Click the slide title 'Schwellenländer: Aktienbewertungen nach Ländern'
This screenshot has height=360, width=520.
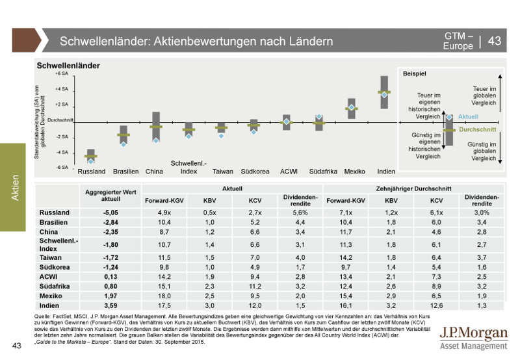(x=196, y=41)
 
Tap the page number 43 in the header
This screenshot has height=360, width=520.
(x=494, y=41)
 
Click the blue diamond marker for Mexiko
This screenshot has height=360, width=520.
(x=352, y=107)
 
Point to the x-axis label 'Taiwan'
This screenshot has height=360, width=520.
(x=223, y=172)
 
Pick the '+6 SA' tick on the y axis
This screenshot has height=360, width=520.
(x=62, y=74)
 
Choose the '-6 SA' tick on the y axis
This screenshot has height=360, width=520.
(x=62, y=167)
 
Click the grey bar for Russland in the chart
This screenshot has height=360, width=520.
(x=91, y=157)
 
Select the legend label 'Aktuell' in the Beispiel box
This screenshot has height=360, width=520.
(x=468, y=116)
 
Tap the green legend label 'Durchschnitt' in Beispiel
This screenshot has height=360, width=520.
(x=478, y=130)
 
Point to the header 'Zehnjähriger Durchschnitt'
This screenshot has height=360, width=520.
(x=411, y=188)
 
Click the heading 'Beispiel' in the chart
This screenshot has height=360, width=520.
(x=414, y=75)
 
